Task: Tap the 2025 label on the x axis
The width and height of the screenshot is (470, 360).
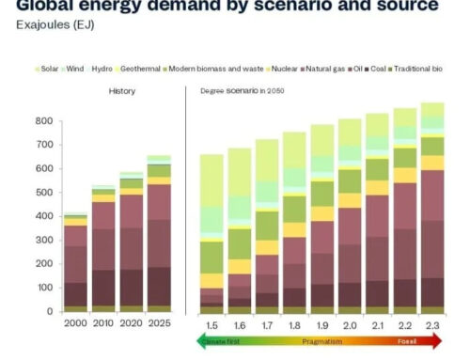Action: (158, 324)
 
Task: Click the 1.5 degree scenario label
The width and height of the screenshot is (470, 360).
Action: (211, 324)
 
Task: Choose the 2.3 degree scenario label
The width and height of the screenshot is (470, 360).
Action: (431, 324)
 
